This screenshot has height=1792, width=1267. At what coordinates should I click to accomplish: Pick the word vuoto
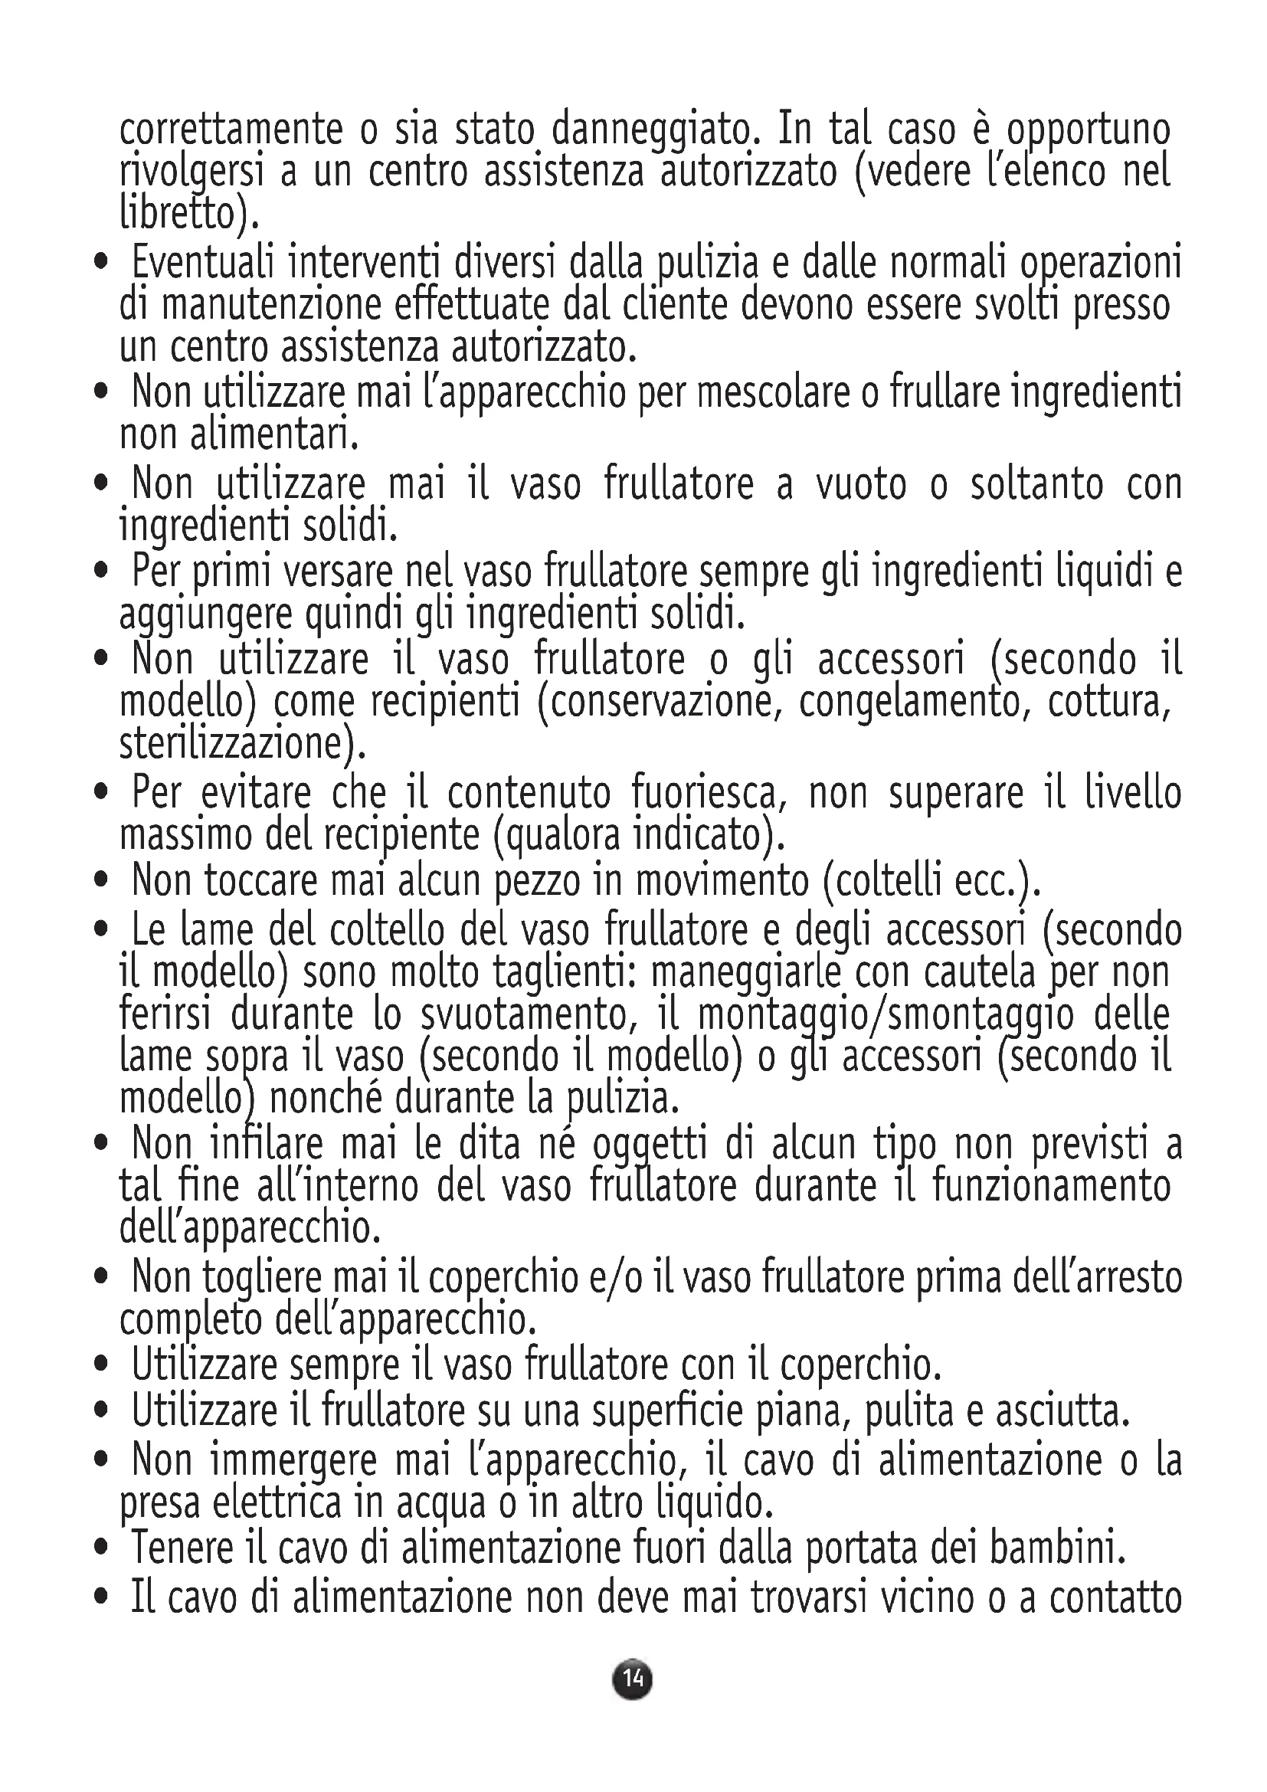[x=861, y=484]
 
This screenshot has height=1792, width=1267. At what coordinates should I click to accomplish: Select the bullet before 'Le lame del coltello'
[x=100, y=930]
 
